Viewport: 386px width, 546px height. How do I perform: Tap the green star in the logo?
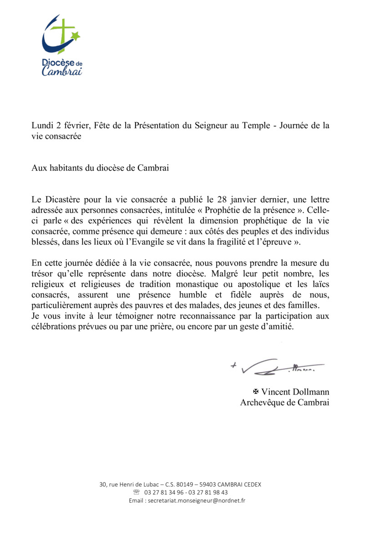click(x=76, y=35)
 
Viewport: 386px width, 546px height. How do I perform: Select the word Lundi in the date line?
click(x=41, y=126)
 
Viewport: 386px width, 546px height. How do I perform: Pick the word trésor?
click(x=42, y=274)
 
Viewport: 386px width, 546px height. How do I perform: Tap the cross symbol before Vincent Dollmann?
click(x=256, y=392)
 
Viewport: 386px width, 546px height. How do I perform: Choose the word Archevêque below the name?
click(x=260, y=403)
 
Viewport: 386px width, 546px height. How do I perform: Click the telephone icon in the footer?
click(x=136, y=492)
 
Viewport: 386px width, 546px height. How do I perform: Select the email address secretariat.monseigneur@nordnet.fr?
click(x=194, y=500)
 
